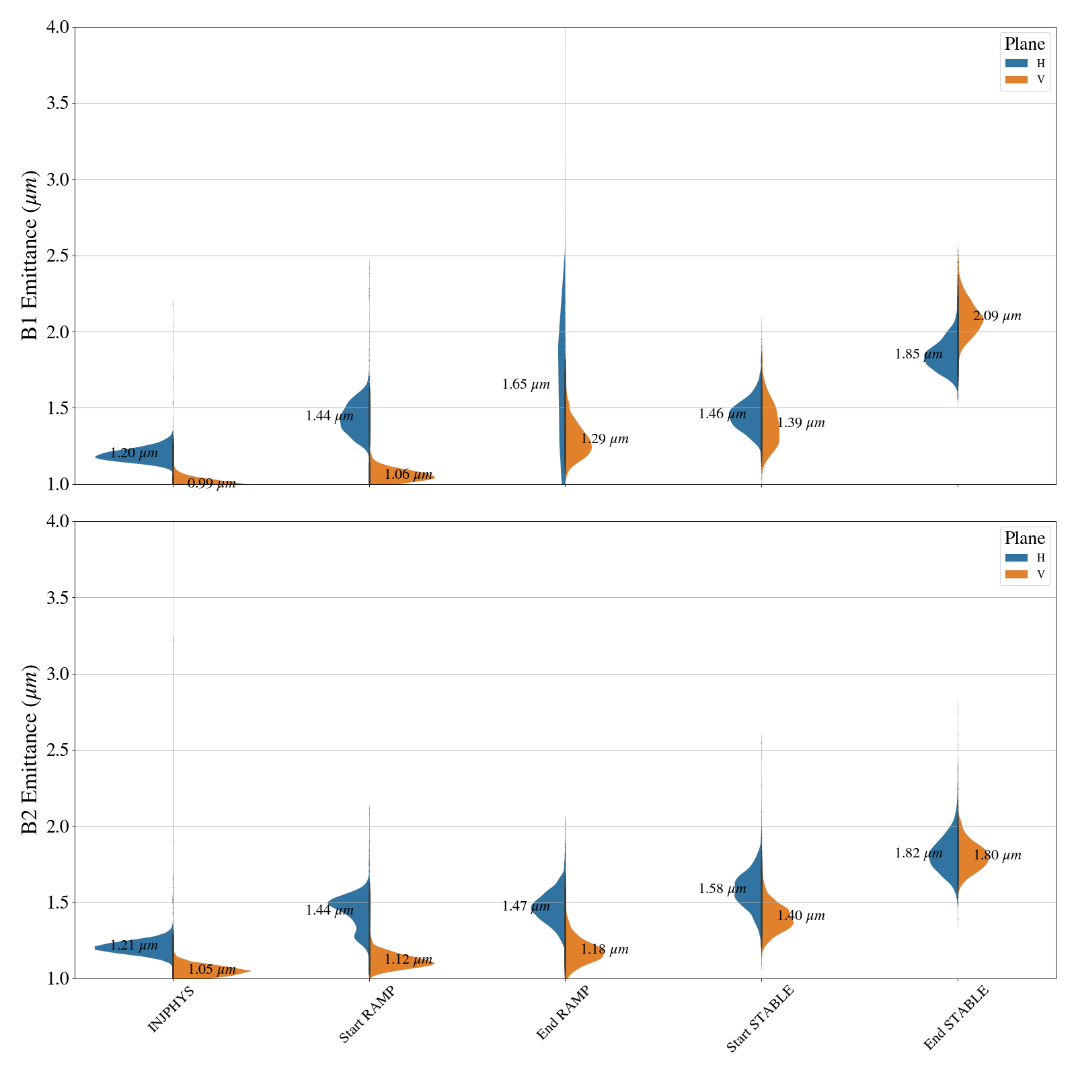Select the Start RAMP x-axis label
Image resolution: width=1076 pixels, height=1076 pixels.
pos(366,1015)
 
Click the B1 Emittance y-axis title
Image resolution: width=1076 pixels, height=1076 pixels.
pos(30,256)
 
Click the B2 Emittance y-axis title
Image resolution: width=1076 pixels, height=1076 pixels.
pos(30,750)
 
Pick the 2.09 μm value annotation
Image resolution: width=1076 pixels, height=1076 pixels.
pos(997,316)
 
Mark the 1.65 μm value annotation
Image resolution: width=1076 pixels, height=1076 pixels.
pos(526,385)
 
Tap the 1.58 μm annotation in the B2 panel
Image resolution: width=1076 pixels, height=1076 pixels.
pos(722,889)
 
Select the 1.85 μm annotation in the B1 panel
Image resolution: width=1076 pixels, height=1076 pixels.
pos(919,354)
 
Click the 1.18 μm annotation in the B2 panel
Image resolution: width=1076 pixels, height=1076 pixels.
pos(605,950)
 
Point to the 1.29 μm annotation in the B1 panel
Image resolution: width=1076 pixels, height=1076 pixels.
pos(605,439)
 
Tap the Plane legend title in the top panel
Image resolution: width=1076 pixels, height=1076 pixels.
pos(1024,44)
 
